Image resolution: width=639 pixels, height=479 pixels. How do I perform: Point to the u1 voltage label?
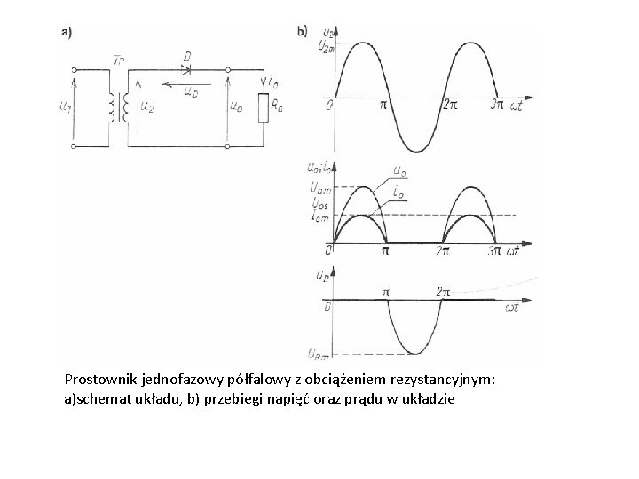64,108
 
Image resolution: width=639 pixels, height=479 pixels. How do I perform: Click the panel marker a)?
67,31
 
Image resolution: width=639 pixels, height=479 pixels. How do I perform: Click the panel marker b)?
303,31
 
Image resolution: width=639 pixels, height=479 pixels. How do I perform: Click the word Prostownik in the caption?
100,379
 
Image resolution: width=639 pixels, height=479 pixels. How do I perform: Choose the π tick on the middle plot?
386,252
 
